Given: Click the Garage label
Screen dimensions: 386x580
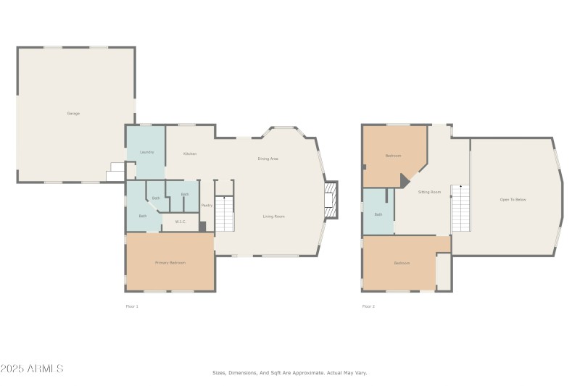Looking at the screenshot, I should pyautogui.click(x=73, y=114).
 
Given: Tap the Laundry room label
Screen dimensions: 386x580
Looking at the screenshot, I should pyautogui.click(x=146, y=152).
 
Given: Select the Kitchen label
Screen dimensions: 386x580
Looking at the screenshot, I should pyautogui.click(x=190, y=154).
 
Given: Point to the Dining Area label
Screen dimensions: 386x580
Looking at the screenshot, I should pyautogui.click(x=268, y=159).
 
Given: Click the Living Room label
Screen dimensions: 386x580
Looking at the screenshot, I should pyautogui.click(x=273, y=217).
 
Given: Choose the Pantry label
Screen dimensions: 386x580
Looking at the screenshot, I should pyautogui.click(x=207, y=205).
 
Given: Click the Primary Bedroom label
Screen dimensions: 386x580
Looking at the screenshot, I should pyautogui.click(x=170, y=263).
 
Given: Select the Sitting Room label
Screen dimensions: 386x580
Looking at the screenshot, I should pyautogui.click(x=429, y=192).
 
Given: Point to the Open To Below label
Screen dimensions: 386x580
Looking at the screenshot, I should pyautogui.click(x=512, y=199).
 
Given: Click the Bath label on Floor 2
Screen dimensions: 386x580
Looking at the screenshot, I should pyautogui.click(x=378, y=214).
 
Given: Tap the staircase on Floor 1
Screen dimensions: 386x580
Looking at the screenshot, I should pyautogui.click(x=225, y=214).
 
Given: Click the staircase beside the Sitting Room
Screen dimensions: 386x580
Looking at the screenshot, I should pyautogui.click(x=460, y=208).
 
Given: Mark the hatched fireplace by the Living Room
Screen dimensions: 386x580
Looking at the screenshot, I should pyautogui.click(x=331, y=198).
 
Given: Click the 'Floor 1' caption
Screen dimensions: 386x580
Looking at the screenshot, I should pyautogui.click(x=132, y=306).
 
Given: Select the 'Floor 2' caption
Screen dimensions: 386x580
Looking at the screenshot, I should pyautogui.click(x=368, y=306).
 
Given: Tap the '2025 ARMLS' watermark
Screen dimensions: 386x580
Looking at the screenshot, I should pyautogui.click(x=33, y=369).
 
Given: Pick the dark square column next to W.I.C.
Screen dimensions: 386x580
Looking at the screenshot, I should pyautogui.click(x=202, y=227).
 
